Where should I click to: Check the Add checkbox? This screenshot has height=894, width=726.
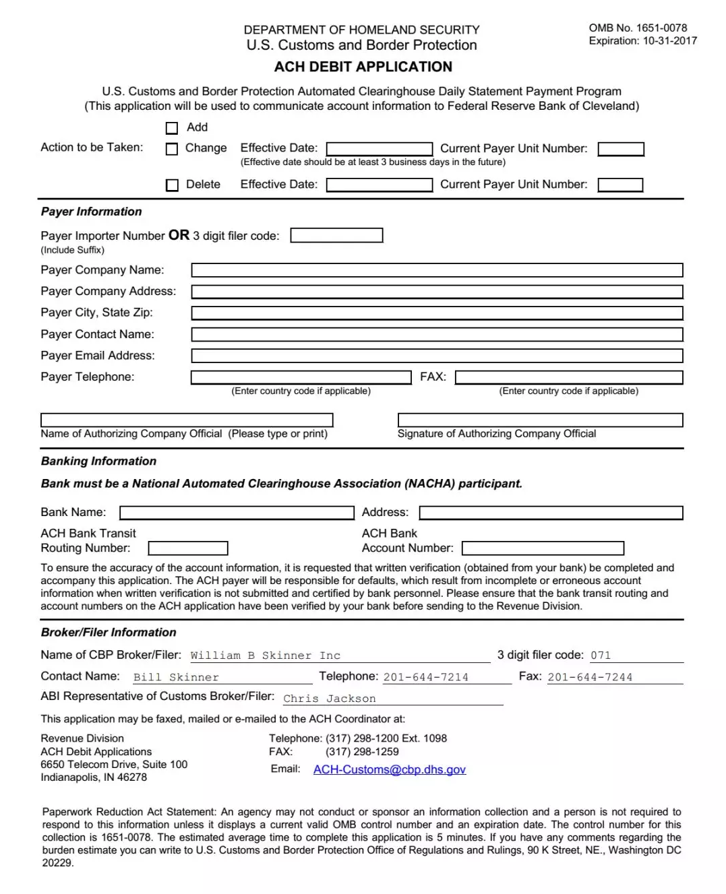[x=172, y=128]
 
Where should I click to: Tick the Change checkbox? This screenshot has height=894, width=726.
[x=172, y=149]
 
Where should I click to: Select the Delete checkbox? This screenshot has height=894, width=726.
[x=172, y=185]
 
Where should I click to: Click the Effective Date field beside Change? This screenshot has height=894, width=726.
[x=380, y=149]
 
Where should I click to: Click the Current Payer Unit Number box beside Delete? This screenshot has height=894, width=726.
[x=620, y=185]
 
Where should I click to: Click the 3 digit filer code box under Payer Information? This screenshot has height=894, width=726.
[x=336, y=236]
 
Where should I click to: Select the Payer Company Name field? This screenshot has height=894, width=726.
[x=437, y=271]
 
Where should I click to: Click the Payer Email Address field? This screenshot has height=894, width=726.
[x=437, y=356]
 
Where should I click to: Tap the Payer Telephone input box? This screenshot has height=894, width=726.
[x=301, y=377]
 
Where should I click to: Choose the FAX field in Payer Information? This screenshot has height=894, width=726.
[x=569, y=377]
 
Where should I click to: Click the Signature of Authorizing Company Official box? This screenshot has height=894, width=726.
[x=540, y=420]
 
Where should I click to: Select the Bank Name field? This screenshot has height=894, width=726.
[x=237, y=513]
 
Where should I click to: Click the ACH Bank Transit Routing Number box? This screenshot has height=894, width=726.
[x=188, y=549]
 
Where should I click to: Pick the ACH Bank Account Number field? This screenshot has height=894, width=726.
[x=543, y=549]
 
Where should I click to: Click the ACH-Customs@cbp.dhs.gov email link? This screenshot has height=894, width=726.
[x=390, y=770]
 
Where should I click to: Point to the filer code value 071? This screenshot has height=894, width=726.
[x=601, y=656]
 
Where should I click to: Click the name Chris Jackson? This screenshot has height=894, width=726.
[x=330, y=699]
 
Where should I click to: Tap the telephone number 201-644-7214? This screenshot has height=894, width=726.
[x=426, y=678]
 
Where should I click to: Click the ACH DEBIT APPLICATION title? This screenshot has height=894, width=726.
[x=363, y=67]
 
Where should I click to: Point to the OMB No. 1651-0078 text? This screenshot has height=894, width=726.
[x=638, y=28]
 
